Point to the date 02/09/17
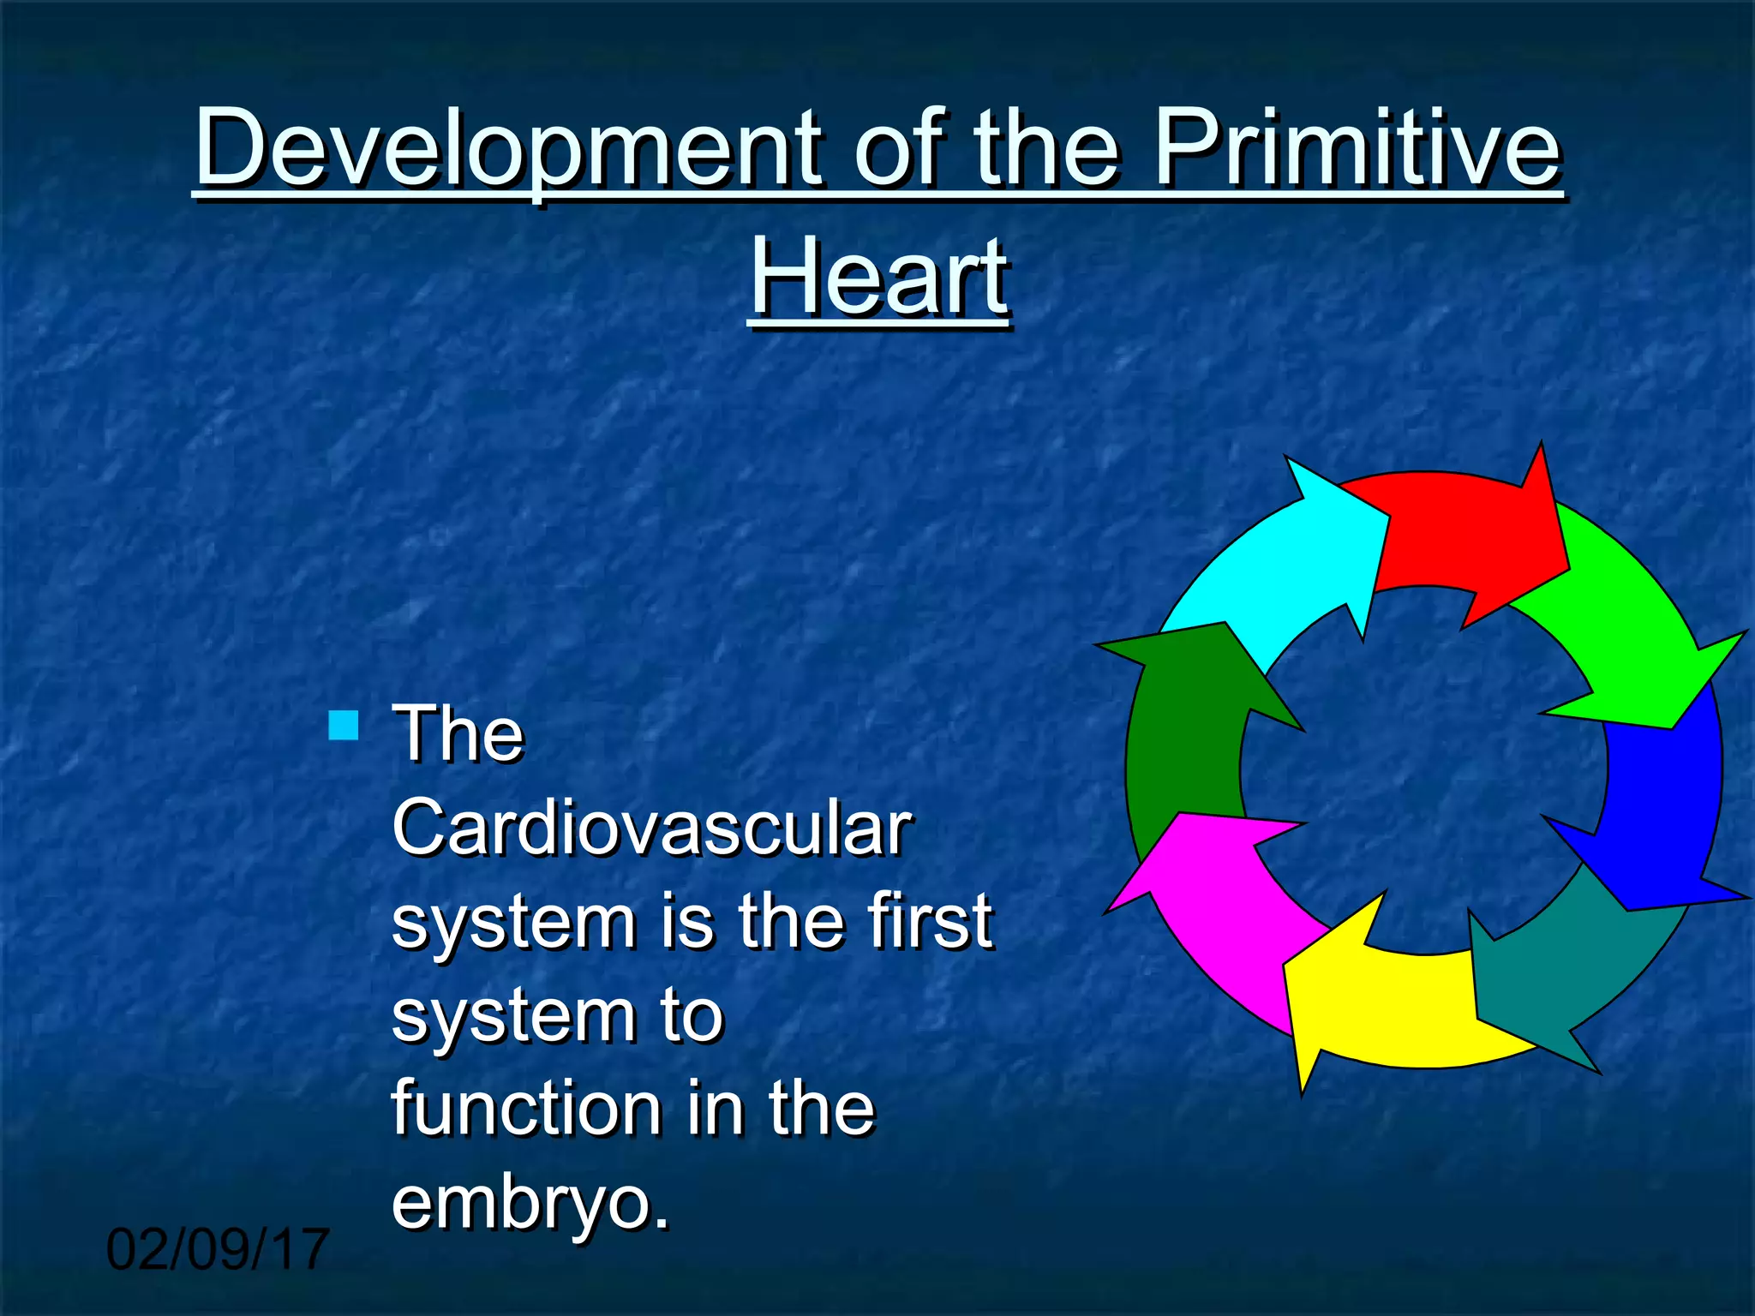[x=218, y=1249]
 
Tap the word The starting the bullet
[x=457, y=734]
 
